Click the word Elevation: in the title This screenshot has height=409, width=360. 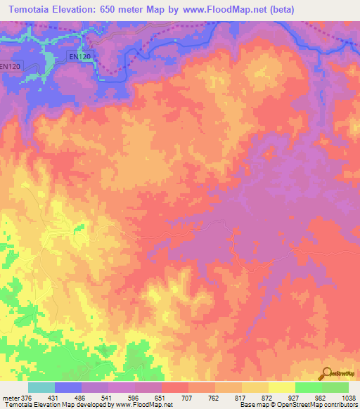point(87,10)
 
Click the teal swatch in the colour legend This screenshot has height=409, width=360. point(41,387)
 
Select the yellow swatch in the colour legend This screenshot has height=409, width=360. point(281,387)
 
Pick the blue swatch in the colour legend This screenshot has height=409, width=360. point(67,387)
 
